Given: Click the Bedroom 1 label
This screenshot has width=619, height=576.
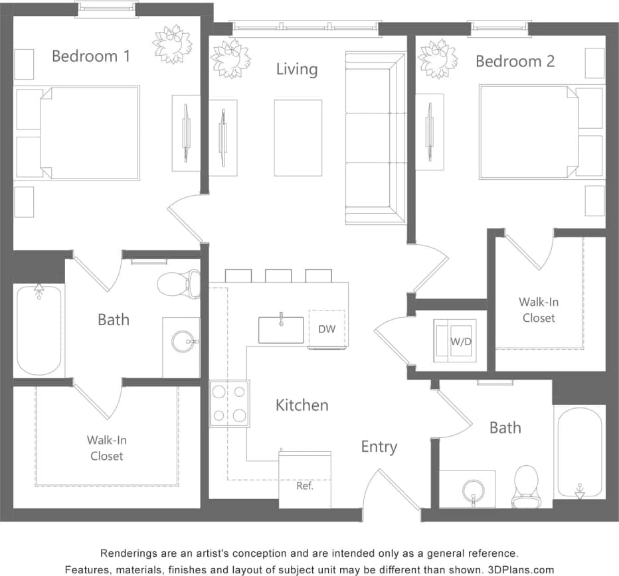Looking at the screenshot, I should pyautogui.click(x=91, y=56).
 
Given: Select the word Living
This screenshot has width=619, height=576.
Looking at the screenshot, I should pyautogui.click(x=296, y=69).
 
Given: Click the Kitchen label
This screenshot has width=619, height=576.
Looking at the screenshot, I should pyautogui.click(x=302, y=405).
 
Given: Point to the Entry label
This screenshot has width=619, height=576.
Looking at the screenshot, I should pyautogui.click(x=379, y=447).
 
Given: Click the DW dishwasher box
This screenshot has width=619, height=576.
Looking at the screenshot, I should pyautogui.click(x=326, y=329).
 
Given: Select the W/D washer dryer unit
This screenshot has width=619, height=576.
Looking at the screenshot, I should pyautogui.click(x=456, y=341).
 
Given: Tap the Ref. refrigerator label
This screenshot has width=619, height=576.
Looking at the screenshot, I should pyautogui.click(x=305, y=485).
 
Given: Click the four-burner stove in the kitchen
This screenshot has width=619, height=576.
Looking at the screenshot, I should pyautogui.click(x=229, y=403).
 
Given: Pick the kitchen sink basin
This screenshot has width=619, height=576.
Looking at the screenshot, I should pyautogui.click(x=281, y=330).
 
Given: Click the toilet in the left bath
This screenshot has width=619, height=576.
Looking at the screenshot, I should pyautogui.click(x=180, y=284).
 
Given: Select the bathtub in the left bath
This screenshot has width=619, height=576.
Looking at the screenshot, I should pyautogui.click(x=39, y=329).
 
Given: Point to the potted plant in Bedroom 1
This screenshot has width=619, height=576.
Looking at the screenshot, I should pyautogui.click(x=173, y=44).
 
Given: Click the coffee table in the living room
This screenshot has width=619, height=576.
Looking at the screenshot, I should pyautogui.click(x=298, y=138).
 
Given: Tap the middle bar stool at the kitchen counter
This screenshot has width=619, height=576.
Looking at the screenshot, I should pyautogui.click(x=278, y=275).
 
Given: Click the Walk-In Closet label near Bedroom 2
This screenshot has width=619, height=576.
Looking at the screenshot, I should pyautogui.click(x=538, y=310).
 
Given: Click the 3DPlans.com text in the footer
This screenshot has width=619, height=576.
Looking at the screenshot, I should pyautogui.click(x=521, y=569).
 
